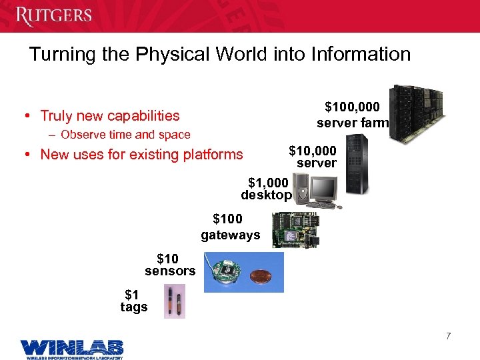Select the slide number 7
pos(449,336)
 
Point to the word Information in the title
pos(359,54)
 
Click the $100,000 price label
pos(352,107)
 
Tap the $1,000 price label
pos(268,182)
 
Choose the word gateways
pos(231,235)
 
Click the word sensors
pos(170,271)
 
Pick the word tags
pos(134,307)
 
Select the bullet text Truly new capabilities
pos(110,116)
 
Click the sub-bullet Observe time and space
pos(125,135)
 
